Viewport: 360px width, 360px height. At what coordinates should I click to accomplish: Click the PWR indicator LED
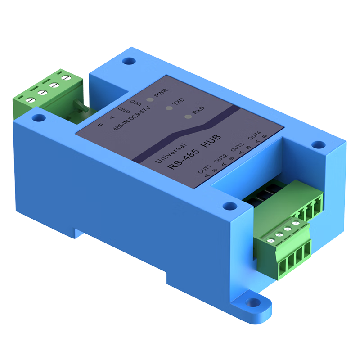point(148,96)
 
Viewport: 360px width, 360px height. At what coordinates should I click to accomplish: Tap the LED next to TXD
point(169,108)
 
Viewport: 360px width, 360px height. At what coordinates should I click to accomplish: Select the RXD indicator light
point(188,117)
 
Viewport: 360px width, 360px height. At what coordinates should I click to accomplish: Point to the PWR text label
point(161,94)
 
